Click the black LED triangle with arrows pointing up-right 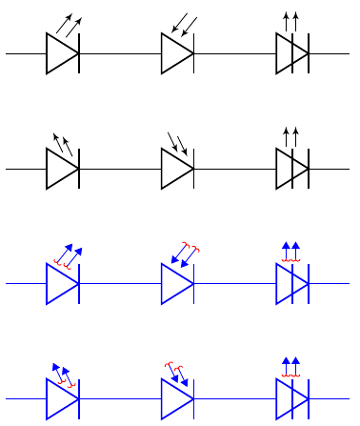pos(60,54)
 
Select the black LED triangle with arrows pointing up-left pos(60,169)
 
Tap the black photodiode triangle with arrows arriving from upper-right pos(176,54)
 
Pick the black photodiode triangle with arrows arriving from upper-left pos(176,169)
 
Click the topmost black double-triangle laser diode pos(290,54)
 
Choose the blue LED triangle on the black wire pos(60,283)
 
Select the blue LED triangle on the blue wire pos(60,397)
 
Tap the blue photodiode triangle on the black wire pos(176,283)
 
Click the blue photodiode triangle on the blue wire pos(176,397)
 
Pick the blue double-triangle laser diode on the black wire pos(290,283)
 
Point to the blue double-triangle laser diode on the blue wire pos(290,397)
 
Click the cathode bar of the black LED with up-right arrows pos(78,54)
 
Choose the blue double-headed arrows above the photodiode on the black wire pos(184,254)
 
